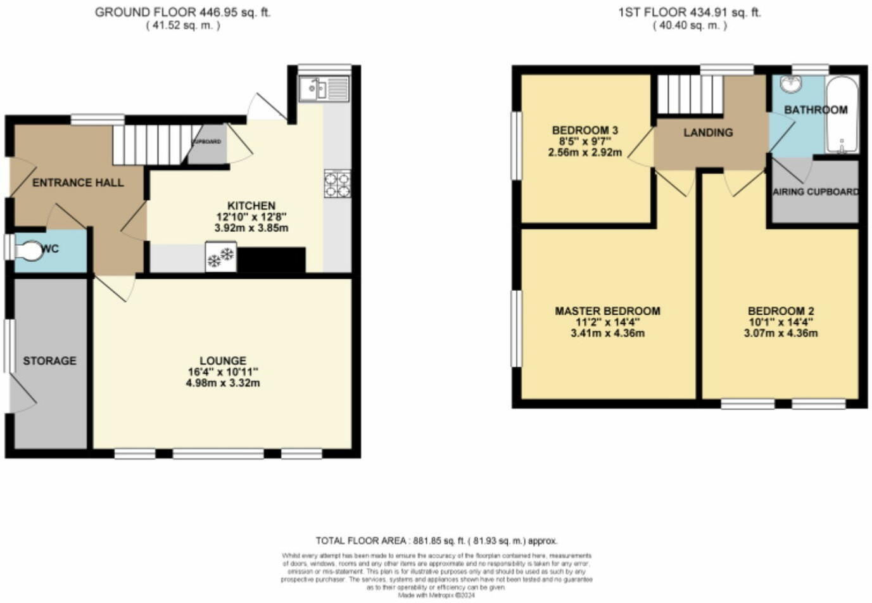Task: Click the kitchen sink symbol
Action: [324, 89]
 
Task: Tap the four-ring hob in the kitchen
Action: [337, 184]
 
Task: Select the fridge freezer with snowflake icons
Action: [221, 257]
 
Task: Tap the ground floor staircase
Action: [152, 144]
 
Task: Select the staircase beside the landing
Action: [689, 94]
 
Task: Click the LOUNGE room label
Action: [222, 360]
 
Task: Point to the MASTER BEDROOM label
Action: [607, 311]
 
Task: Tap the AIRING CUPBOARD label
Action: [816, 191]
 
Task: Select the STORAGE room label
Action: [49, 360]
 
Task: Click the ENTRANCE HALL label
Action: [78, 182]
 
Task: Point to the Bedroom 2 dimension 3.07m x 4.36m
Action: [780, 333]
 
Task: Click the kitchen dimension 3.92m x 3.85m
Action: [251, 227]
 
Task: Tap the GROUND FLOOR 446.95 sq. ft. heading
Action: [182, 12]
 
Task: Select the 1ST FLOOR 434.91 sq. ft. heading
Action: [690, 12]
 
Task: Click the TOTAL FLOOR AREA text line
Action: [436, 540]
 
